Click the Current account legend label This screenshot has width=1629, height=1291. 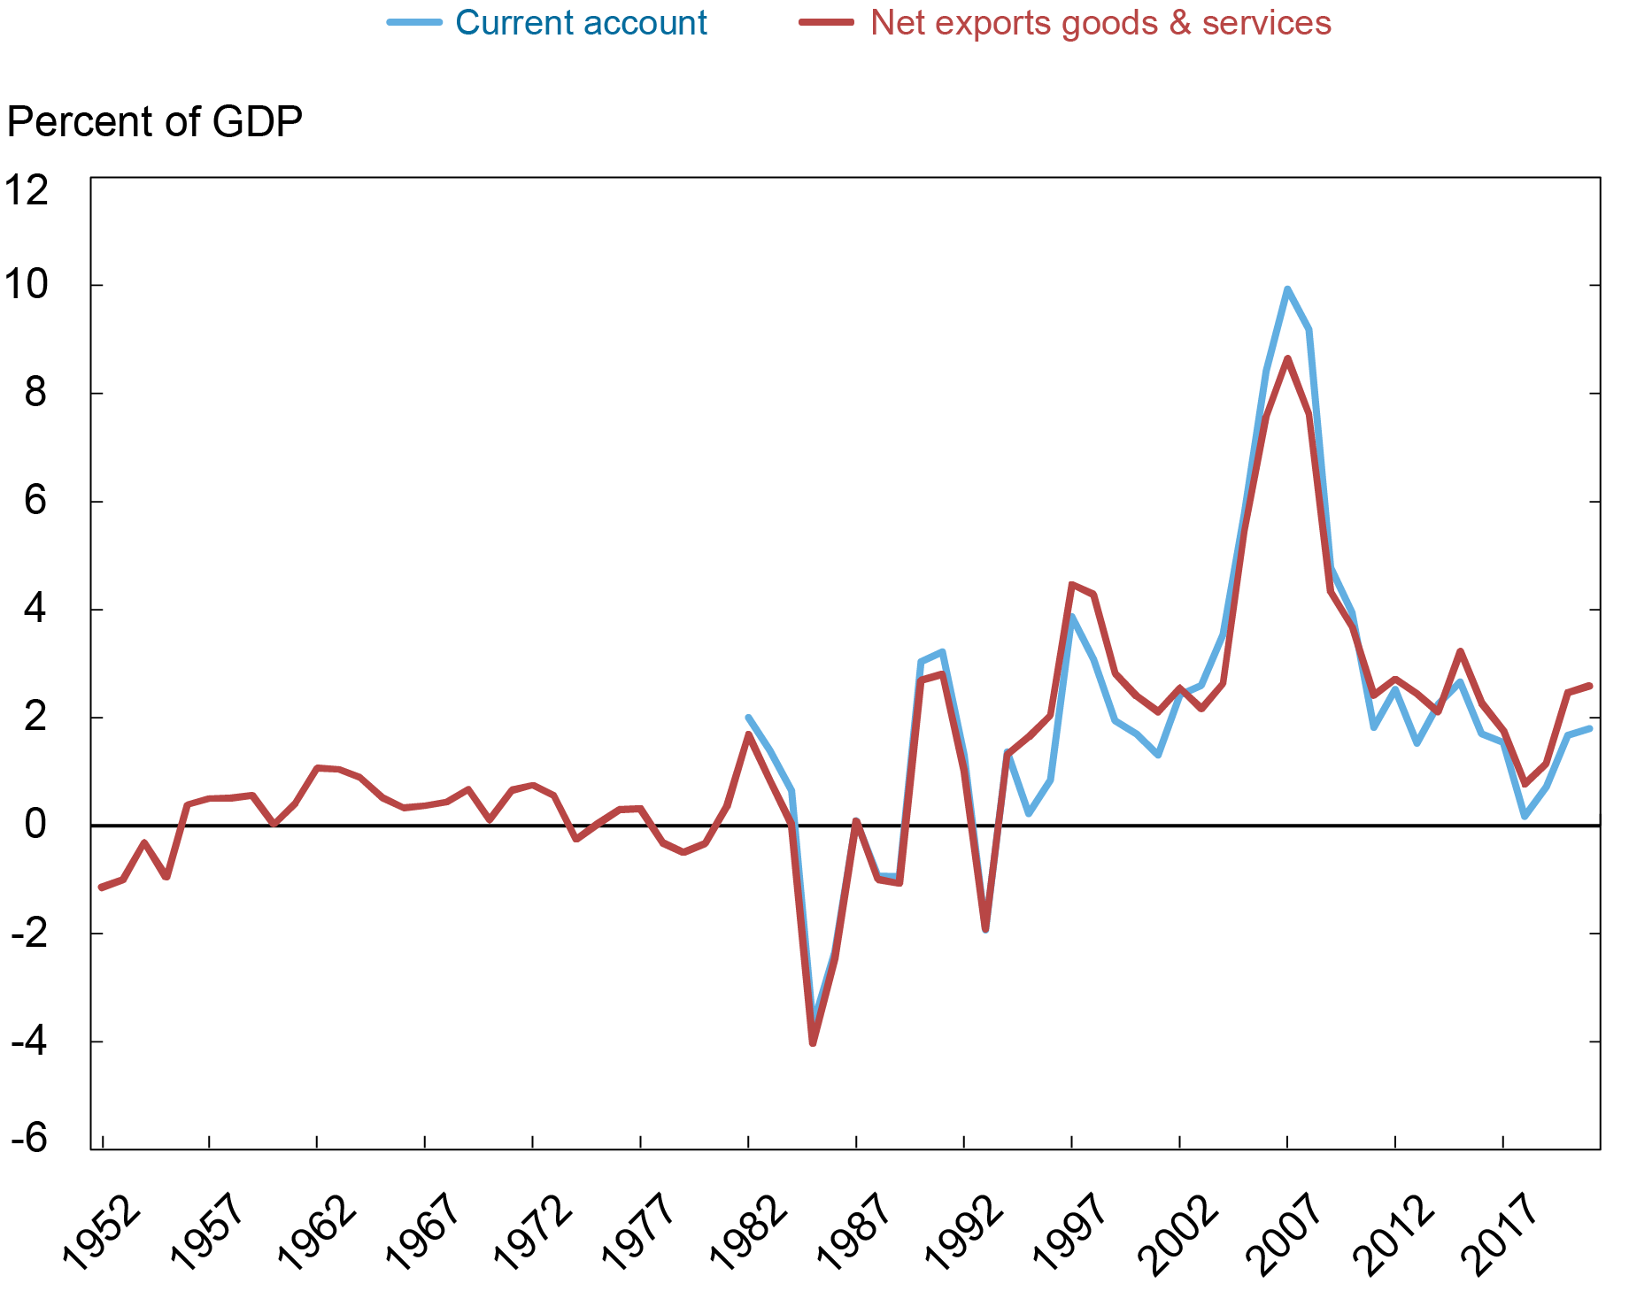[x=581, y=23]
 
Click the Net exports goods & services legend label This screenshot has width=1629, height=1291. [x=1100, y=23]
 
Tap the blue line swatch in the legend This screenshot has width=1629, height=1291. [x=414, y=23]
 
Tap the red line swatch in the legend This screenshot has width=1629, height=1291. [x=827, y=23]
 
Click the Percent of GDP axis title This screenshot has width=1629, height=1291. [x=155, y=122]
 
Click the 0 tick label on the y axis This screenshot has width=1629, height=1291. [x=35, y=825]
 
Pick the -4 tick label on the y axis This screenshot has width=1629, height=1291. [x=28, y=1041]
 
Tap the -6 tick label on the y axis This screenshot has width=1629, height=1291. [x=28, y=1139]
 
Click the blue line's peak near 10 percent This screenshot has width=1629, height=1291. [x=1287, y=289]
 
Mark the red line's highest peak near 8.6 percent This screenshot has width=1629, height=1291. [x=1287, y=358]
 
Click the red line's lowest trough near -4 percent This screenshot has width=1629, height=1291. [x=813, y=1043]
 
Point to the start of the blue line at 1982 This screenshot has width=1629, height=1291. [x=748, y=718]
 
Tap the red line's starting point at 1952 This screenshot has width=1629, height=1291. [x=101, y=887]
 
